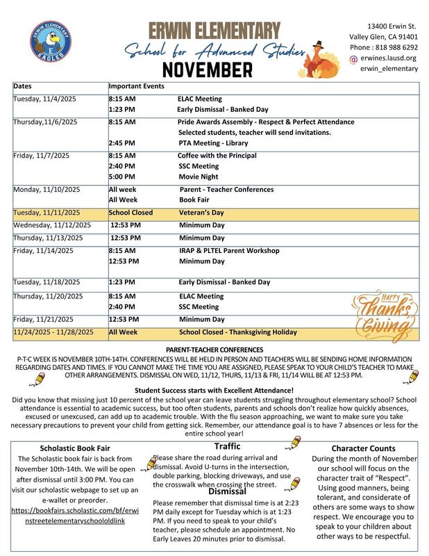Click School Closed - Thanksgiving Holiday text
tap(237, 332)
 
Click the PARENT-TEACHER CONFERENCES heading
tap(214, 349)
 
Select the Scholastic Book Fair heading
tap(76, 448)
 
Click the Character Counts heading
tap(363, 448)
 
